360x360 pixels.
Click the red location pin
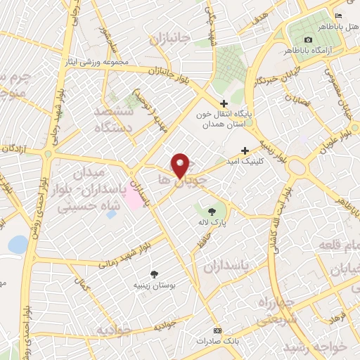click(x=181, y=165)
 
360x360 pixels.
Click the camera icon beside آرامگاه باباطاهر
click(x=309, y=40)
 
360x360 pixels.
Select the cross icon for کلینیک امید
click(x=245, y=150)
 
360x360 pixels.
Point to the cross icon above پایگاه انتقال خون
click(x=224, y=103)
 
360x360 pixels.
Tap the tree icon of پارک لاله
click(x=212, y=210)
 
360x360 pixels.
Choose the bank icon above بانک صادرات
click(x=217, y=330)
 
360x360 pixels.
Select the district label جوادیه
click(x=115, y=330)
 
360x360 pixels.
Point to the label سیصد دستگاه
click(x=118, y=118)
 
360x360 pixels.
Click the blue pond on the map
click(x=18, y=245)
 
